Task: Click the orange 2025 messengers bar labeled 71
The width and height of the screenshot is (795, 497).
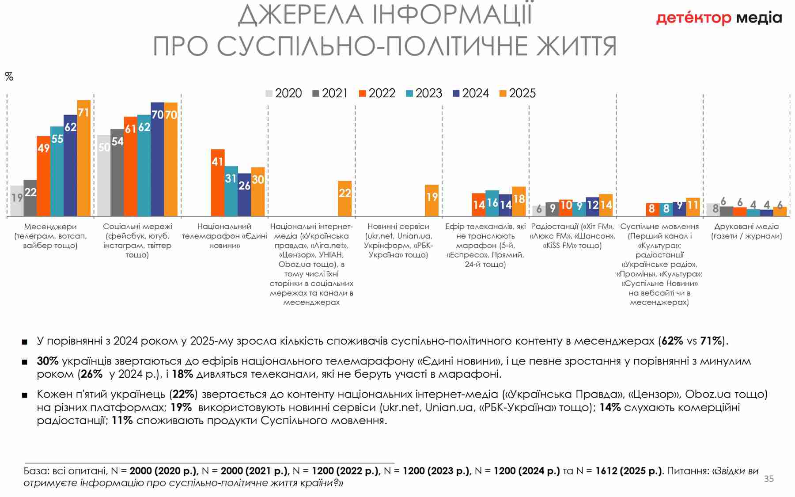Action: pos(83,158)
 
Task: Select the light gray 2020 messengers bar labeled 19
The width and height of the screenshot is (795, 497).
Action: pos(17,201)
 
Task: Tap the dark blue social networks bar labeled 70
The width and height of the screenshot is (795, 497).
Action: pos(157,159)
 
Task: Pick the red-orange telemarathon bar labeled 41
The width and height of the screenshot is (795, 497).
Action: pos(218,182)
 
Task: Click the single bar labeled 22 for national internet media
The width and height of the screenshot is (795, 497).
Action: pos(345,198)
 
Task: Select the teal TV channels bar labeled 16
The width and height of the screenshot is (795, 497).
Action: pos(492,203)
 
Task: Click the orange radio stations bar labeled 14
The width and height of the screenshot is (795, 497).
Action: pos(606,205)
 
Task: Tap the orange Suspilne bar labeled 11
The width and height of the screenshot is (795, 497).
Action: pos(693,207)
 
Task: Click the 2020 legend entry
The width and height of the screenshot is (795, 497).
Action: pos(284,93)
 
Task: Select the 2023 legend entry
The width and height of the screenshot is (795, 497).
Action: pos(424,93)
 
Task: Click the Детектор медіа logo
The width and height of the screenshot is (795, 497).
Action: pos(719,18)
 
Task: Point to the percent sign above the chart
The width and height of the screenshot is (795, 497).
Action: pos(9,77)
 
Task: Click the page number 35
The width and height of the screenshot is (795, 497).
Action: pos(768,478)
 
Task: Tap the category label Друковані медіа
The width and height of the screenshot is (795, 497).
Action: pos(746,227)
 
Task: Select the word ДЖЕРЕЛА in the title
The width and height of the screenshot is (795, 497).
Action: pos(301,15)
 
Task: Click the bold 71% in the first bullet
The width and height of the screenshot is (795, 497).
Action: pos(712,341)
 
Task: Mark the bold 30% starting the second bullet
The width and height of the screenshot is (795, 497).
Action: pos(48,361)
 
